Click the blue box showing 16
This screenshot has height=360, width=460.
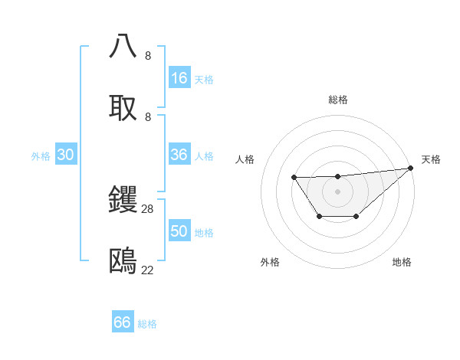pyautogui.click(x=179, y=78)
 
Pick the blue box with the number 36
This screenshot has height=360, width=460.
pyautogui.click(x=179, y=155)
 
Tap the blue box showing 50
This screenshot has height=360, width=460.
pyautogui.click(x=179, y=231)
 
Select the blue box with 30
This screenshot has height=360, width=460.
pyautogui.click(x=66, y=155)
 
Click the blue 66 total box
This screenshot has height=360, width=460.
pyautogui.click(x=123, y=322)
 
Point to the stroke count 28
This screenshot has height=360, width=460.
pyautogui.click(x=148, y=208)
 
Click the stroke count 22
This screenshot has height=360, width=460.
pyautogui.click(x=148, y=270)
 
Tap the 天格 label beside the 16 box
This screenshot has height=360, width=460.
pyautogui.click(x=204, y=80)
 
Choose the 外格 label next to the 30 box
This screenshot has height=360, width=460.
pyautogui.click(x=41, y=156)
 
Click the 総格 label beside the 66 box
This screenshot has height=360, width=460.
pyautogui.click(x=147, y=324)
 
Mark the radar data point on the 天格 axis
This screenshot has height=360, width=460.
pyautogui.click(x=411, y=168)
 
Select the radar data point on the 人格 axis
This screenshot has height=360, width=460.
pyautogui.click(x=294, y=178)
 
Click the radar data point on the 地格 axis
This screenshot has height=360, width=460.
pyautogui.click(x=356, y=218)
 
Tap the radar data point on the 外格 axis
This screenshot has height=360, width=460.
pyautogui.click(x=319, y=218)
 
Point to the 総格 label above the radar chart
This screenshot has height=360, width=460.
pyautogui.click(x=338, y=100)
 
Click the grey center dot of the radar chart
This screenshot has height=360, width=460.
pyautogui.click(x=337, y=191)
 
